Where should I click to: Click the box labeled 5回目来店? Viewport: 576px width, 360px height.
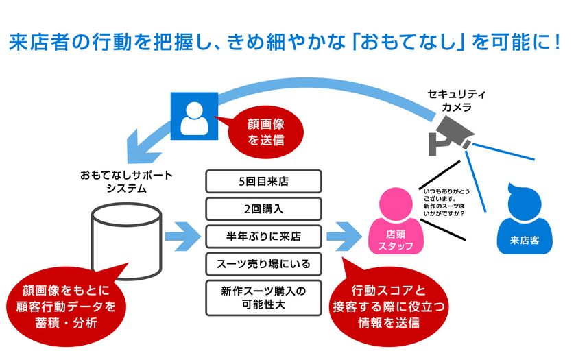click(263, 182)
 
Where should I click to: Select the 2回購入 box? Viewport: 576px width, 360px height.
click(263, 208)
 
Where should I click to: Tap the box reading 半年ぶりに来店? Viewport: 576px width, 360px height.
click(263, 236)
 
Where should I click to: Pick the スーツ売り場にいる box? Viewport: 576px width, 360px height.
click(263, 263)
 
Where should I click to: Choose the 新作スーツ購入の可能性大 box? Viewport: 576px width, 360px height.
click(263, 297)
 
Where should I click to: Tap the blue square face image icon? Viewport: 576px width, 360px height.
click(195, 116)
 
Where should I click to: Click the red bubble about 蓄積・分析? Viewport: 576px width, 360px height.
click(66, 304)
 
